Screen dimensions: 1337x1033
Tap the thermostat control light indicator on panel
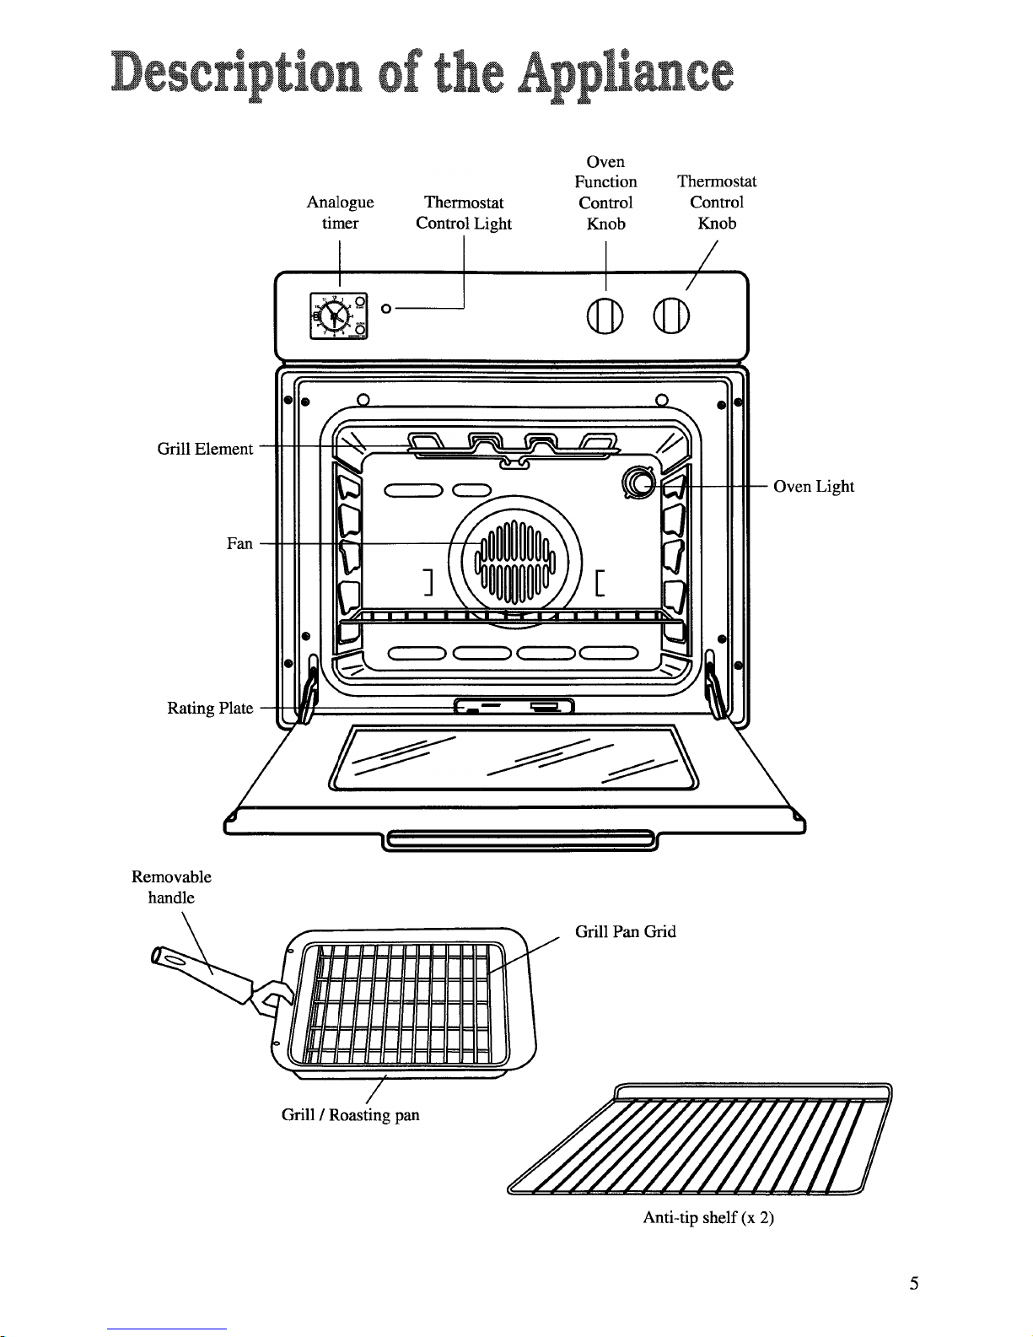385,310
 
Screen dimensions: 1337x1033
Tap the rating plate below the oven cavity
514,707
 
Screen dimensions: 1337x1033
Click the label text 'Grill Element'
205,449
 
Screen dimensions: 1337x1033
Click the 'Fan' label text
239,544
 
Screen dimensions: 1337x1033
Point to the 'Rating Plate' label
210,708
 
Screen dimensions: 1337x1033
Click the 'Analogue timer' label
340,213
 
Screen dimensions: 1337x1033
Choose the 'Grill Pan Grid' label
625,932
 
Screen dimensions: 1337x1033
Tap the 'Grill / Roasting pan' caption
350,1115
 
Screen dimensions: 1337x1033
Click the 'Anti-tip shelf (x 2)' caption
708,1217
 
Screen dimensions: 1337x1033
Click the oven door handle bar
519,840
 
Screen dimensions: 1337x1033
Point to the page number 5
913,1284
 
